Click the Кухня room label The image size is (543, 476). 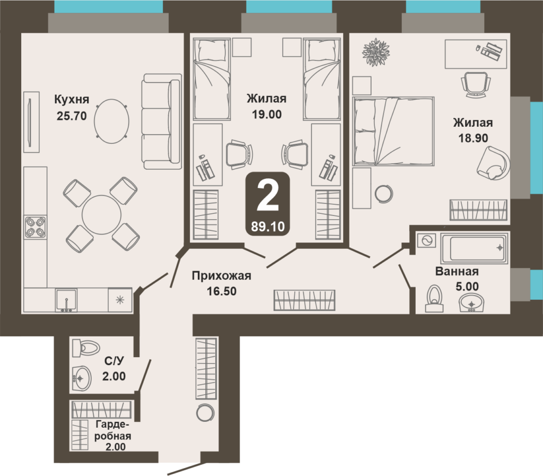pyautogui.click(x=72, y=100)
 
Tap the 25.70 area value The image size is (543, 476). pyautogui.click(x=72, y=116)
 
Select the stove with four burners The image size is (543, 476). pyautogui.click(x=35, y=227)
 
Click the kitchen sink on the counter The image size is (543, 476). pyautogui.click(x=66, y=300)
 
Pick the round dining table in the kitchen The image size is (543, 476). pyautogui.click(x=102, y=215)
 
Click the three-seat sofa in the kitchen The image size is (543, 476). pyautogui.click(x=162, y=121)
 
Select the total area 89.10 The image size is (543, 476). pyautogui.click(x=268, y=227)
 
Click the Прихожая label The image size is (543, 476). pyautogui.click(x=222, y=276)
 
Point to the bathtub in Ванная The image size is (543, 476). pyautogui.click(x=474, y=248)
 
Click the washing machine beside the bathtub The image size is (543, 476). pyautogui.click(x=427, y=240)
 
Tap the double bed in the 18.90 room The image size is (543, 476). pyautogui.click(x=393, y=131)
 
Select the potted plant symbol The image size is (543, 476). pyautogui.click(x=376, y=52)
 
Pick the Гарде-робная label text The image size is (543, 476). pyautogui.click(x=113, y=430)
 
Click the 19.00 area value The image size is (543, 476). pyautogui.click(x=266, y=114)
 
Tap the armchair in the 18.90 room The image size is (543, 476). pyautogui.click(x=493, y=163)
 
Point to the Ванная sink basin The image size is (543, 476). pyautogui.click(x=471, y=303)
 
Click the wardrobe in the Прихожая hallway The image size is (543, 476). pyautogui.click(x=304, y=300)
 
